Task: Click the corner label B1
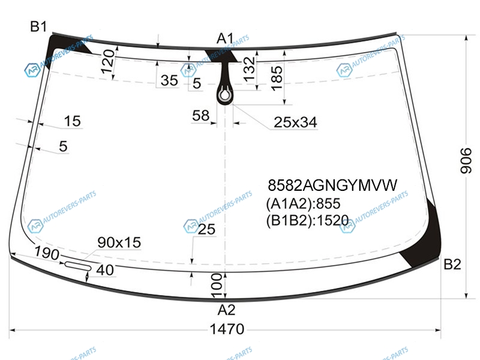pyautogui.click(x=38, y=26)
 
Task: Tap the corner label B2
pyautogui.click(x=452, y=264)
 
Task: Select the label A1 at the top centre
pyautogui.click(x=225, y=39)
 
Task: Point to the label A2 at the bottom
pyautogui.click(x=227, y=310)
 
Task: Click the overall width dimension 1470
pyautogui.click(x=227, y=329)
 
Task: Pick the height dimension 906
pyautogui.click(x=466, y=161)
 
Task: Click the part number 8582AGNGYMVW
pyautogui.click(x=332, y=185)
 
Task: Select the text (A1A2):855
pyautogui.click(x=303, y=203)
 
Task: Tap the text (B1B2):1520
pyautogui.click(x=307, y=220)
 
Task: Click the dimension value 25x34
pyautogui.click(x=295, y=122)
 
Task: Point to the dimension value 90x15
pyautogui.click(x=119, y=242)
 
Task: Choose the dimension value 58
pyautogui.click(x=201, y=115)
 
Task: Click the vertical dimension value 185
pyautogui.click(x=277, y=79)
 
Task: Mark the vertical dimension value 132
pyautogui.click(x=249, y=69)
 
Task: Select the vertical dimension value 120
pyautogui.click(x=108, y=62)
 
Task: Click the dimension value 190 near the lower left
pyautogui.click(x=47, y=253)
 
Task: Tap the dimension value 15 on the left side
pyautogui.click(x=72, y=121)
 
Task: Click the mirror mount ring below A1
pyautogui.click(x=224, y=95)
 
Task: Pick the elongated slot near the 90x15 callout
pyautogui.click(x=78, y=266)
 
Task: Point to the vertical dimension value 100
pyautogui.click(x=217, y=286)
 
